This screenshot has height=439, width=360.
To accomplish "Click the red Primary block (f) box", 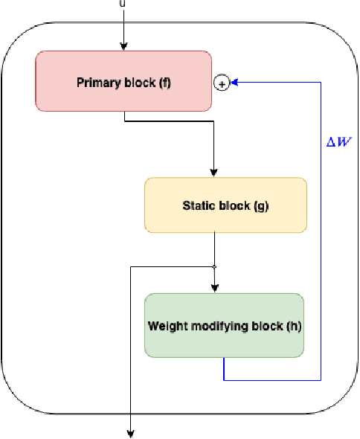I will [123, 81].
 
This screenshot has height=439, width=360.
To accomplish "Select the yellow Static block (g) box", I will [225, 205].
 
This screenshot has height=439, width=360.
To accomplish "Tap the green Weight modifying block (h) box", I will [224, 325].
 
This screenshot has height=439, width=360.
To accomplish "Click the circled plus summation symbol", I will [221, 83].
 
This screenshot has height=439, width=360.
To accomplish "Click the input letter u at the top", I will [122, 3].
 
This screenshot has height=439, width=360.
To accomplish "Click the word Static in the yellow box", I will [199, 205].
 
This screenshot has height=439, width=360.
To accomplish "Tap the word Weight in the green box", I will [164, 326].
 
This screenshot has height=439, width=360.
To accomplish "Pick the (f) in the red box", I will [164, 82].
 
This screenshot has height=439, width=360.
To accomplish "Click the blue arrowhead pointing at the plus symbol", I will [234, 83].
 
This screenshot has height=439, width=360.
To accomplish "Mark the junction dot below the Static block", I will [214, 266].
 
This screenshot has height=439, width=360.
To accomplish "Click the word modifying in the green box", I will [232, 326].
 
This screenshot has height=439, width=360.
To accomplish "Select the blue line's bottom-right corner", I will [321, 380].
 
